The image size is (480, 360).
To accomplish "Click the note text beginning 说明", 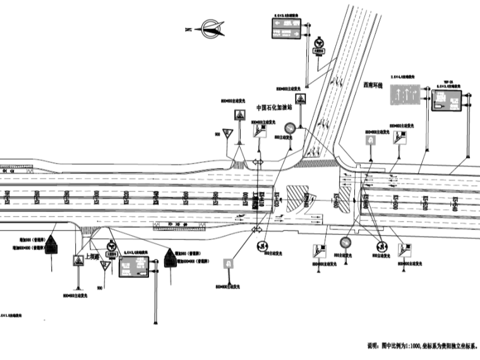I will [422, 345].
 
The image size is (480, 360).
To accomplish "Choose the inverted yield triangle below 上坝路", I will [105, 267].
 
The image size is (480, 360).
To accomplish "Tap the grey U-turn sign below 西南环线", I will [371, 140].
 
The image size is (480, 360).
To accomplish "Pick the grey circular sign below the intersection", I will [345, 242].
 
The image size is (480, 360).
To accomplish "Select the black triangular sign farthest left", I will [52, 245].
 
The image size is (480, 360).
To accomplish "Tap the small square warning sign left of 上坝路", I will [78, 260].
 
